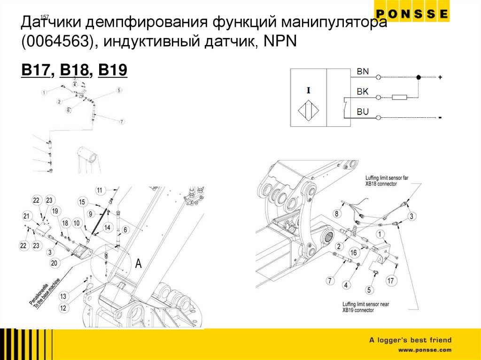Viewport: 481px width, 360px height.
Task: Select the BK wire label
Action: pyautogui.click(x=363, y=92)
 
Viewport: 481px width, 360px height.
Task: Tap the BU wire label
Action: pyautogui.click(x=363, y=112)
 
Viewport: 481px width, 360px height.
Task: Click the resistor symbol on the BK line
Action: pyautogui.click(x=399, y=98)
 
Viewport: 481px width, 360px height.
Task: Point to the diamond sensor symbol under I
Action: pyautogui.click(x=308, y=112)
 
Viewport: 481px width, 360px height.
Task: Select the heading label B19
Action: pyautogui.click(x=113, y=70)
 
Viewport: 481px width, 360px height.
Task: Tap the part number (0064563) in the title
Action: pyautogui.click(x=57, y=42)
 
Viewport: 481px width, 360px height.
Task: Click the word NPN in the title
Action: pyautogui.click(x=279, y=42)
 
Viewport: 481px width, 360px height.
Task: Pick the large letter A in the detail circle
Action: pyautogui.click(x=138, y=264)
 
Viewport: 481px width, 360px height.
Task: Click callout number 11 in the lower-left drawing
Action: pyautogui.click(x=100, y=191)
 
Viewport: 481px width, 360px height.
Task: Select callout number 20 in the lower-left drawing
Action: pyautogui.click(x=54, y=263)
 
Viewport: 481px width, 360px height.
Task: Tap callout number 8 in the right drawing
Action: pyautogui.click(x=336, y=214)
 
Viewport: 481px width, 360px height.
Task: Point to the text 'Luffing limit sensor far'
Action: pyautogui.click(x=389, y=178)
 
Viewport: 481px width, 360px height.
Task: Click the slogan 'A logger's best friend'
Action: pyautogui.click(x=410, y=340)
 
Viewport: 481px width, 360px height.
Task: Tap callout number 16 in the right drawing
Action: pyautogui.click(x=353, y=253)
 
